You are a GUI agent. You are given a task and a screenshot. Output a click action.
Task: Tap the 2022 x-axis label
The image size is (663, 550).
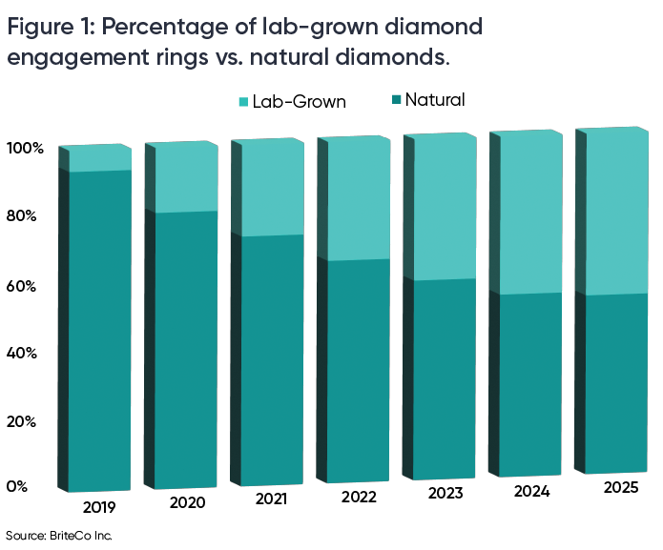pos(360,498)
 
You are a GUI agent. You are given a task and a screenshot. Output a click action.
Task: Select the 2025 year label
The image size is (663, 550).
pos(622,488)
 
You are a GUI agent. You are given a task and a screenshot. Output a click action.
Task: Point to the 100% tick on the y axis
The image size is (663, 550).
pos(25,149)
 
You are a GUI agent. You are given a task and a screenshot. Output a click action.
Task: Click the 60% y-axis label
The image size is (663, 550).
pos(22,286)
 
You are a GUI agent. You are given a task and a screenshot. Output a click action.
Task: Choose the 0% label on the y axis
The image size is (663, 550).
pos(16,487)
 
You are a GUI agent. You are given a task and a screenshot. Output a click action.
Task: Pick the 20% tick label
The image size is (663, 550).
pos(22,420)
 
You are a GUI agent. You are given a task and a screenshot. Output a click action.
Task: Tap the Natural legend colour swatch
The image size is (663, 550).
pos(394,100)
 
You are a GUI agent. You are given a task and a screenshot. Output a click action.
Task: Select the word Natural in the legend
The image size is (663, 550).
pos(435,100)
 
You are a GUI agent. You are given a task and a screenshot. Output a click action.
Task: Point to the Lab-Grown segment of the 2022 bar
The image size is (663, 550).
pos(357,199)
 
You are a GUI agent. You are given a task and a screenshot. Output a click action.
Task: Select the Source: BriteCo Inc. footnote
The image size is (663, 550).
pos(59,536)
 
